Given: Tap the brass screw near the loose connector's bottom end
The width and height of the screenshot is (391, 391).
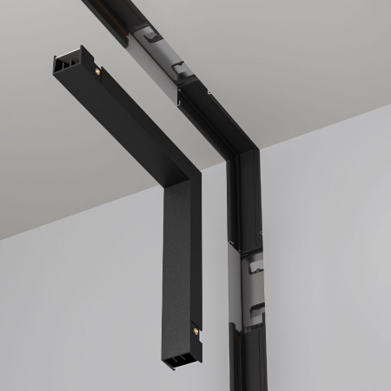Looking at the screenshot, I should click(196, 331).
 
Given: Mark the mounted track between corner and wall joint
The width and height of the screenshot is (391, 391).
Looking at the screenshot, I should click(244, 209).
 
